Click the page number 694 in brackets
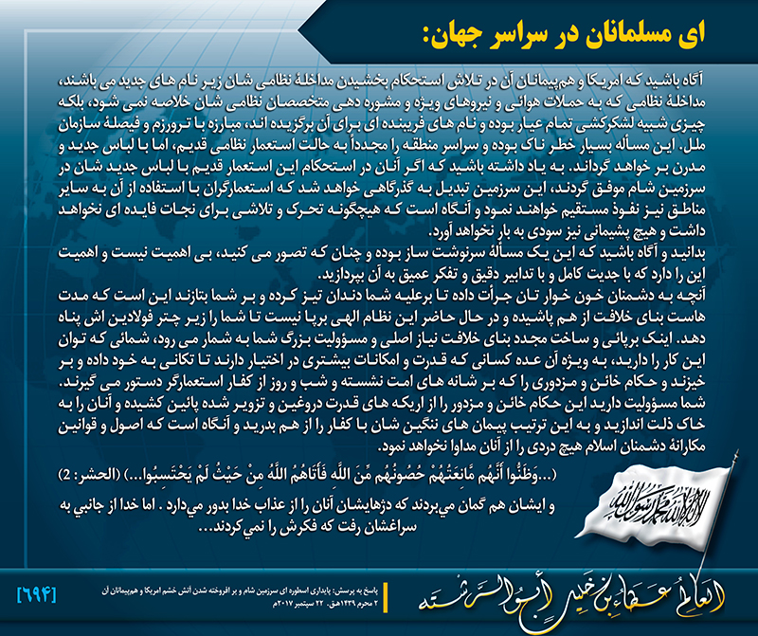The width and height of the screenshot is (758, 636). [38, 594]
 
